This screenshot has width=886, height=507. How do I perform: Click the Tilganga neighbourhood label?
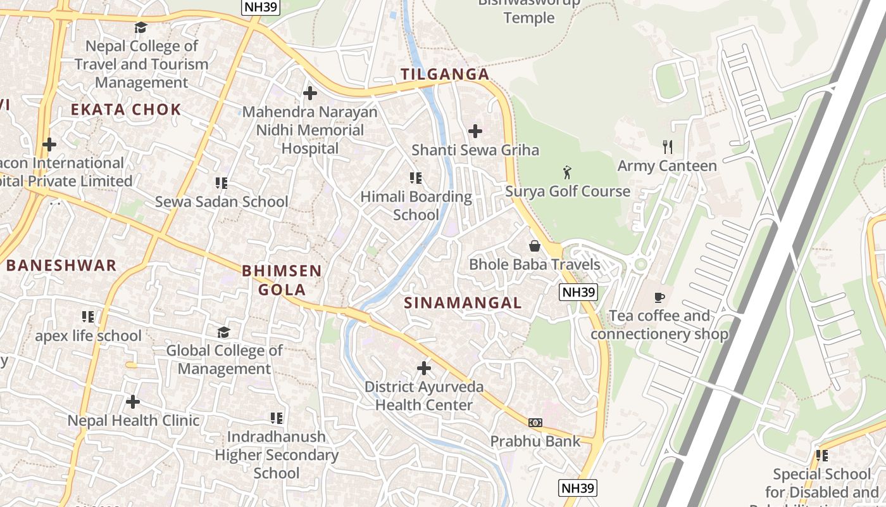point(445,74)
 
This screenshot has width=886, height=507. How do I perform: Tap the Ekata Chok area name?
point(126,110)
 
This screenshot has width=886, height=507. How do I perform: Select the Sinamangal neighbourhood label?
point(463,303)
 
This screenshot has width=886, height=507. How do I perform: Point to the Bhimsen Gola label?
point(282,280)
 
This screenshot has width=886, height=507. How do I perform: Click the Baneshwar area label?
point(61,266)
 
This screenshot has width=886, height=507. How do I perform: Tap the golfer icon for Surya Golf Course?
point(567,172)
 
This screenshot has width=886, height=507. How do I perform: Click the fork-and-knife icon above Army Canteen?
point(667,147)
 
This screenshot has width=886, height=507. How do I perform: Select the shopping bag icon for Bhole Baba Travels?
point(535,245)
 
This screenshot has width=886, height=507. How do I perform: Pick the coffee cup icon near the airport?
point(659,297)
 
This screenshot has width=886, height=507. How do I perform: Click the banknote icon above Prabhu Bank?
point(535,422)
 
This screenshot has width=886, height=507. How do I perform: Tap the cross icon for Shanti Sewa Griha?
point(475,131)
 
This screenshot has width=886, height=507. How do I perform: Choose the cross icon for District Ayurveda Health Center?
point(424,368)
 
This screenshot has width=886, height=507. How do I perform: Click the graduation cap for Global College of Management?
point(223,332)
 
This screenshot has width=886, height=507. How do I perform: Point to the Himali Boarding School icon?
point(416,178)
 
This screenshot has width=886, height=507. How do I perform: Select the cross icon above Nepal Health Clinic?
point(133,402)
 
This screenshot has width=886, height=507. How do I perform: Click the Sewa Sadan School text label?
point(221,202)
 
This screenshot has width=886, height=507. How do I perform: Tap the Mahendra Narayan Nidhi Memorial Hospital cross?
point(310,93)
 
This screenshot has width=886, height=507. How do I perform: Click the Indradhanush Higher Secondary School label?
point(277,454)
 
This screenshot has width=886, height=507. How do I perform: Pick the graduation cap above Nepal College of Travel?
point(140,27)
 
